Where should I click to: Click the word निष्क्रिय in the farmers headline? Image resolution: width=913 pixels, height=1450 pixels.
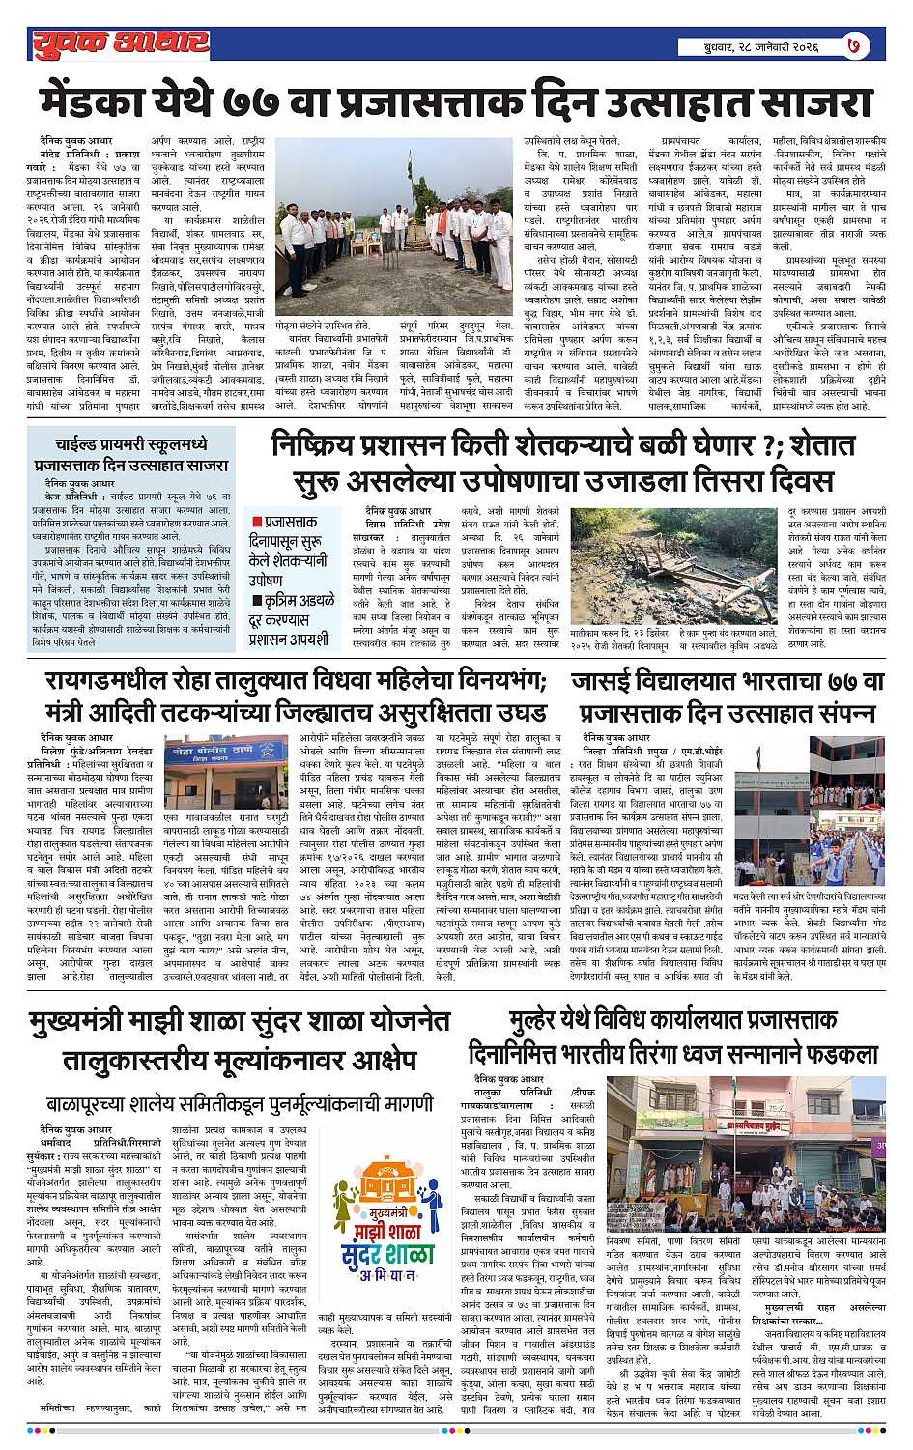coord(329,446)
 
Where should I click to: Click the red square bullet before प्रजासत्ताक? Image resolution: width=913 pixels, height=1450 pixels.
coord(257,522)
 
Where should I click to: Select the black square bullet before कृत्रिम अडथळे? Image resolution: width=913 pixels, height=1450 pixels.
coord(257,601)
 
